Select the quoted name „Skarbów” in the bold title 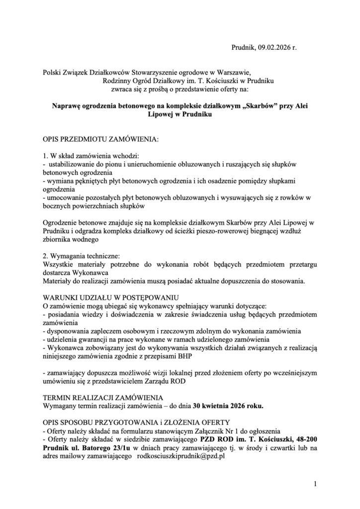(253, 106)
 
